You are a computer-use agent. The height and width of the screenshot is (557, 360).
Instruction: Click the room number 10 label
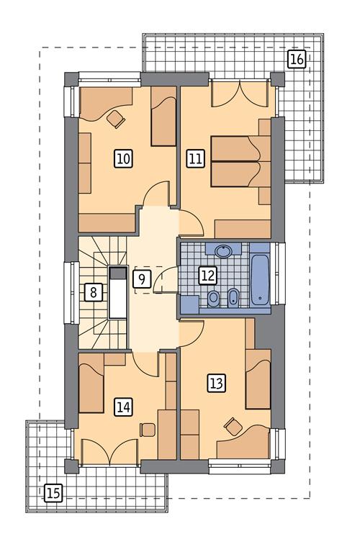[x=123, y=158]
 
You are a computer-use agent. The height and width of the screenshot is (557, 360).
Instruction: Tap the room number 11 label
[x=195, y=158]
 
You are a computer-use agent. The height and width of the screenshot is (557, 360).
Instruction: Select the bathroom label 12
[x=208, y=276]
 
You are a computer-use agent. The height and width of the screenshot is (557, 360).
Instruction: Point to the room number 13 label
[x=217, y=384]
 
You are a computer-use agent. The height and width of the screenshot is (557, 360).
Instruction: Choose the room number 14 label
[x=123, y=407]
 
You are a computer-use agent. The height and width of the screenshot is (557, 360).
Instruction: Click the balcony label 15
[x=53, y=493]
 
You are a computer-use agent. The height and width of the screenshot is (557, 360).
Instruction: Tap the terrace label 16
[x=297, y=59]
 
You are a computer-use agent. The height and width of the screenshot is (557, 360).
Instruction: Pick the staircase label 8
[x=94, y=293]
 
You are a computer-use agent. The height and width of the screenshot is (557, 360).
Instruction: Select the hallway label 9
[x=142, y=279]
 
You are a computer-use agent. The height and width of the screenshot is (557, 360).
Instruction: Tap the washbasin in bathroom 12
[x=223, y=250]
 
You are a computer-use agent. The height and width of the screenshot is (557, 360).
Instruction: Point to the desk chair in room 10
[x=116, y=119]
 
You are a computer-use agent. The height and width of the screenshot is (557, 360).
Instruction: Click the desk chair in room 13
[x=233, y=426]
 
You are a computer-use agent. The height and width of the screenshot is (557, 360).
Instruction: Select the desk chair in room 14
[x=147, y=430]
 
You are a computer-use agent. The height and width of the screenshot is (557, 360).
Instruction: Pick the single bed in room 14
[x=91, y=389]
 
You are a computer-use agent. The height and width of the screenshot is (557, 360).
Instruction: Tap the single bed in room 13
[x=258, y=379]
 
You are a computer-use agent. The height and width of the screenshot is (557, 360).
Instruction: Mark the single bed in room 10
[x=164, y=116]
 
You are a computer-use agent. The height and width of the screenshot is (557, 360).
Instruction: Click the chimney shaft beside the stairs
[x=118, y=292]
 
